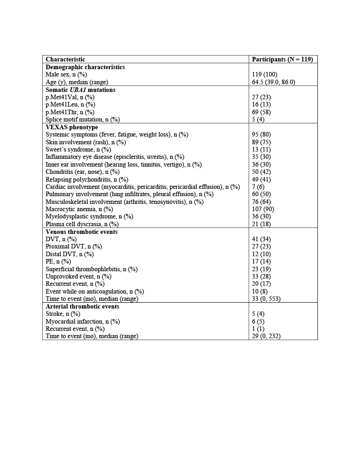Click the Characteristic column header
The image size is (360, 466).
[x=65, y=60]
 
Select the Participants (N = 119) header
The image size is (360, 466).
[x=282, y=60]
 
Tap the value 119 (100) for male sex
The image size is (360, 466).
[x=264, y=75]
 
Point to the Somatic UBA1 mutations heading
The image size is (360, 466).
[x=80, y=90]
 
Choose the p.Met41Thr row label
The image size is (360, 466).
[x=70, y=112]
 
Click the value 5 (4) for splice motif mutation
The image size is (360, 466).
[x=259, y=120]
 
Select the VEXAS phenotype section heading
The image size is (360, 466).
[x=71, y=127]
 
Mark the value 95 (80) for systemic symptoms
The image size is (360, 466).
[x=261, y=135]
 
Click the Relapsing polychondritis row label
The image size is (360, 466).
[x=86, y=179]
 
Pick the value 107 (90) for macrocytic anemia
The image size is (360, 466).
[x=263, y=209]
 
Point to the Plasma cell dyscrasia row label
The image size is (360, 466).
[x=82, y=224]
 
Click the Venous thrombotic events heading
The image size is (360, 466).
[x=81, y=232]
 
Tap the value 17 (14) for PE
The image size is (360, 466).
[x=261, y=262]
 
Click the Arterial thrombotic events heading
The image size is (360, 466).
[x=82, y=306]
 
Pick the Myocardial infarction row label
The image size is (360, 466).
[x=82, y=321]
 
